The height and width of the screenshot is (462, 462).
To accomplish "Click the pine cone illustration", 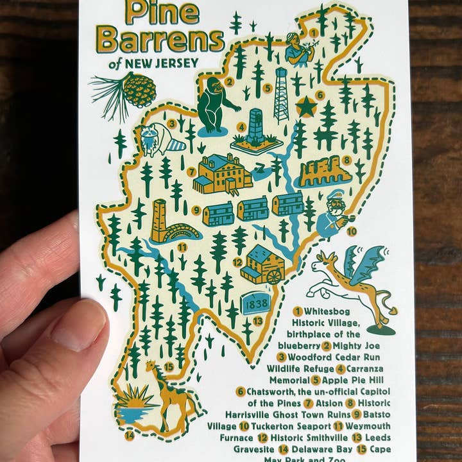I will tap(138, 90).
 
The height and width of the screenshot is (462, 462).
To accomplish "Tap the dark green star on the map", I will tap(306, 107).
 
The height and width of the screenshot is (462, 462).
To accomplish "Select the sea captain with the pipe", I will tap(332, 215).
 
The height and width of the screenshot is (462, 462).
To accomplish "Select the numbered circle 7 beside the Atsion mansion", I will tap(191, 171).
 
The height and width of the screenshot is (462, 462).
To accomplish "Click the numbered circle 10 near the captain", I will tap(352, 231).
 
